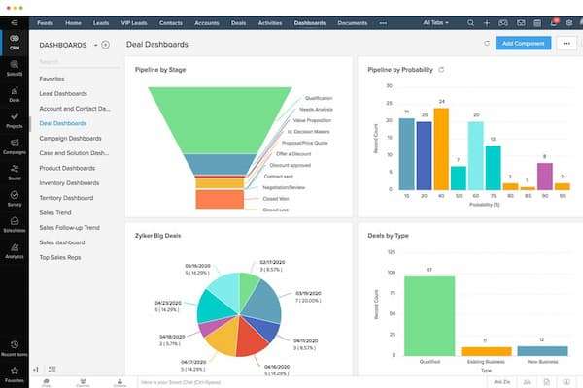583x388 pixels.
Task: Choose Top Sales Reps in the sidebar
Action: point(60,257)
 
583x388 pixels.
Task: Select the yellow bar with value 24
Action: point(441,149)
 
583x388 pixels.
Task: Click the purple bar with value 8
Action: point(544,176)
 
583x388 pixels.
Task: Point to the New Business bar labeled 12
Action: point(542,350)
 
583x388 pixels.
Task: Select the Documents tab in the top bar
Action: point(353,21)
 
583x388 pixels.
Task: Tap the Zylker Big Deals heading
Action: point(161,235)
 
